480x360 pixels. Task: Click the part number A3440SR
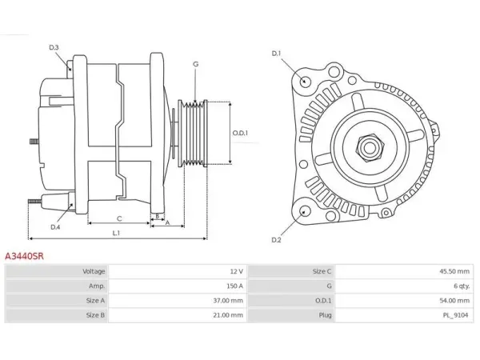24,256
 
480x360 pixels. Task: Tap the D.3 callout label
54,47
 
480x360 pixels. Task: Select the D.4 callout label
55,227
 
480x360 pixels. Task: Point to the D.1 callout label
276,54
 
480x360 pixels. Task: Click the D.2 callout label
276,240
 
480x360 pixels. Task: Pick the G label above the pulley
196,64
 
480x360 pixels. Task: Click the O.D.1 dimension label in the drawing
240,133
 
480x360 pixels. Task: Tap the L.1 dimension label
116,233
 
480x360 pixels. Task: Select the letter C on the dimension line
119,218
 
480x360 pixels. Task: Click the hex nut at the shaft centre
370,147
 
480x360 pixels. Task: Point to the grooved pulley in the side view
193,133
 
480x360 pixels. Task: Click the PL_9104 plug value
456,315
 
